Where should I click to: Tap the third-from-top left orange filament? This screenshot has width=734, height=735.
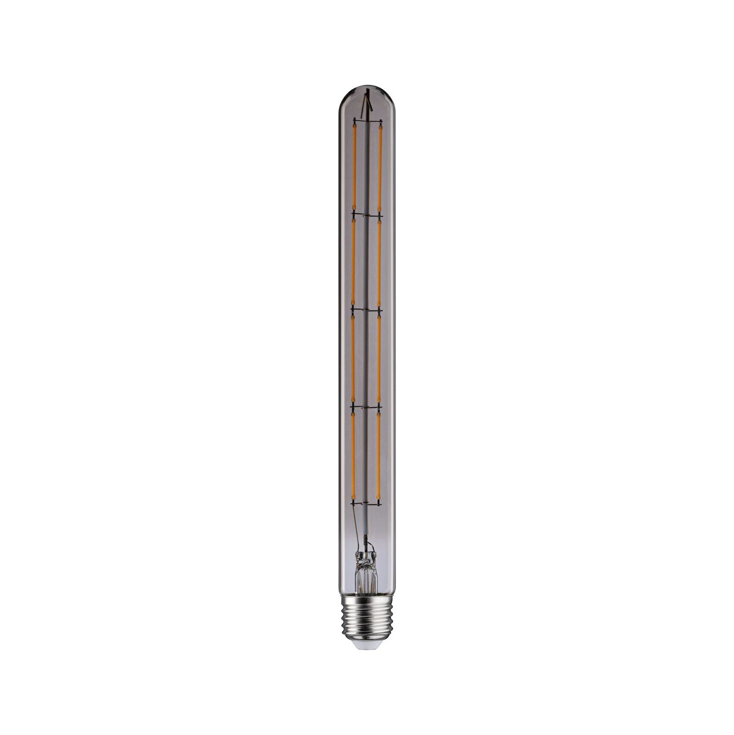[354, 358]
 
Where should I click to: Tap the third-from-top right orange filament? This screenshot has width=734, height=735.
[379, 358]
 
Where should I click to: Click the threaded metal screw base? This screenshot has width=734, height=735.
[367, 616]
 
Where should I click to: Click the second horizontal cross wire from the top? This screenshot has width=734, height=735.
[367, 214]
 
